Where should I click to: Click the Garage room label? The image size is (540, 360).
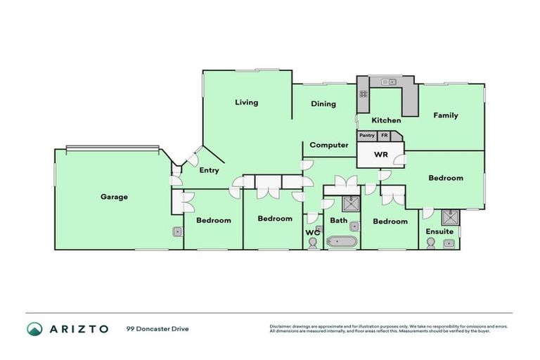click(113, 197)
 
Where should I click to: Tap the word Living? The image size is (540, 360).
click(246, 103)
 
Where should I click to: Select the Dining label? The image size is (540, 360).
click(323, 104)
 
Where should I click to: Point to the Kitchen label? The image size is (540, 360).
click(386, 120)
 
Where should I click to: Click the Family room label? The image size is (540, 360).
click(445, 115)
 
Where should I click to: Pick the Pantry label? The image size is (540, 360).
click(367, 136)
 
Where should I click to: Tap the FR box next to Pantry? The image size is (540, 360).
click(384, 136)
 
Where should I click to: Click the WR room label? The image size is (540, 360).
click(381, 154)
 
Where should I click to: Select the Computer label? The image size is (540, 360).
click(329, 145)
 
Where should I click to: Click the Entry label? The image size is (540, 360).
click(209, 170)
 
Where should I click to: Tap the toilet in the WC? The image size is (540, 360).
click(313, 243)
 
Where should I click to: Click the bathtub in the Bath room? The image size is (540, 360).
click(342, 243)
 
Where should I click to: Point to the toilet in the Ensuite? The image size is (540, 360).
click(430, 243)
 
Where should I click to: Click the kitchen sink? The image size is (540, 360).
click(386, 82)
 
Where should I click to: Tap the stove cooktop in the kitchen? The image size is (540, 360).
click(364, 92)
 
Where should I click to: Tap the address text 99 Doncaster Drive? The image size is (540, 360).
click(157, 328)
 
